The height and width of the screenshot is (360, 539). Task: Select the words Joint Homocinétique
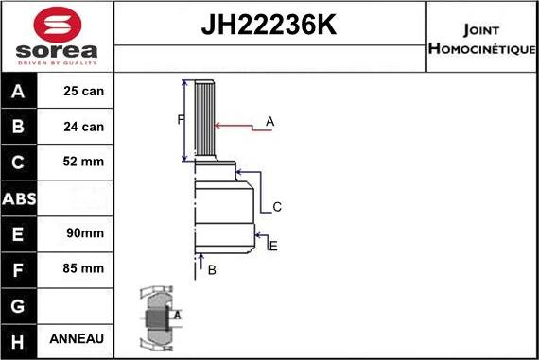tap(481, 38)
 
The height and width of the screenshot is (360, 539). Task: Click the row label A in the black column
tap(19, 92)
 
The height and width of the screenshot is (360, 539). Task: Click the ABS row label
tap(20, 197)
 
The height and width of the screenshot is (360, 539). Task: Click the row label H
tap(19, 338)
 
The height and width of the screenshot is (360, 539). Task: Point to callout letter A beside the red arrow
tap(269, 121)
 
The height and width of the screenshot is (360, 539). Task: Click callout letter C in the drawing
tap(277, 207)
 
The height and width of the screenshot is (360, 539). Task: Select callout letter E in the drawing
tap(272, 246)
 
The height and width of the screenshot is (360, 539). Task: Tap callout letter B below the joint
tap(212, 270)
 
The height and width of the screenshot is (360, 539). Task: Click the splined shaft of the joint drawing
tap(206, 121)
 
